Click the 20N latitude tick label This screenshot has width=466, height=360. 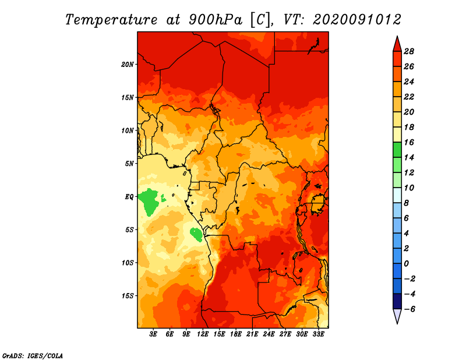tap(127, 65)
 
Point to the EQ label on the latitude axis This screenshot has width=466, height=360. tap(129, 197)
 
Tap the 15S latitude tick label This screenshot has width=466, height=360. tap(127, 296)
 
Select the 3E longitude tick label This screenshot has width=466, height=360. tap(153, 334)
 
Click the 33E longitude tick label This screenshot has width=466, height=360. tap(318, 334)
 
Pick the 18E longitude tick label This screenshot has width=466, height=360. tap(236, 334)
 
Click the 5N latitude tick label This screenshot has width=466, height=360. tap(129, 164)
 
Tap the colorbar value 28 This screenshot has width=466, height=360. tap(409, 51)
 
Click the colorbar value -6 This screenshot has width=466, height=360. tap(409, 309)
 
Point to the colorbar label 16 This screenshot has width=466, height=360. tap(409, 142)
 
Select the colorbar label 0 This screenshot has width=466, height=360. tap(406, 264)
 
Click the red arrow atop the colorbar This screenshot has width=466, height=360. tap(397, 44)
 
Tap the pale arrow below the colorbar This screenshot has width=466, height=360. tap(397, 316)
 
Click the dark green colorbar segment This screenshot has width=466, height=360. tap(397, 150)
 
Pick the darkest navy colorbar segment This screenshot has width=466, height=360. tap(397, 301)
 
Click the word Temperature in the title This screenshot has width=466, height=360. tap(111, 20)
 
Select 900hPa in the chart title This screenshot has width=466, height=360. tap(215, 20)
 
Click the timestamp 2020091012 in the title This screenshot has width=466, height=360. tap(357, 20)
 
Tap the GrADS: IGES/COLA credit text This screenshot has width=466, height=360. tap(33, 356)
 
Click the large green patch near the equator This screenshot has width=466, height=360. tap(149, 201)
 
